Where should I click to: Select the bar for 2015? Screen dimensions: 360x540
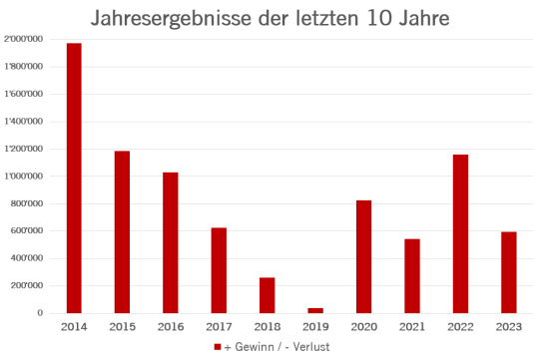(x=122, y=231)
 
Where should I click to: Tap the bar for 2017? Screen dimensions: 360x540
(x=219, y=269)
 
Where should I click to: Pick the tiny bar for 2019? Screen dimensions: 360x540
(x=315, y=310)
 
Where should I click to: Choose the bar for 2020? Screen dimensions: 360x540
(x=364, y=256)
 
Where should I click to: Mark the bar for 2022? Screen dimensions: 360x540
(x=460, y=233)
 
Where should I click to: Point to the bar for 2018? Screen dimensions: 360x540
(x=268, y=294)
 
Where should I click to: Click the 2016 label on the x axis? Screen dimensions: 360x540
(x=171, y=326)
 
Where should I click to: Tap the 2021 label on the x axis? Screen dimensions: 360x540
(x=412, y=326)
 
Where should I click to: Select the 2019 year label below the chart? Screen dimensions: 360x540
(x=315, y=326)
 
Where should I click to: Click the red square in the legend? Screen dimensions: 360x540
(x=218, y=347)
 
